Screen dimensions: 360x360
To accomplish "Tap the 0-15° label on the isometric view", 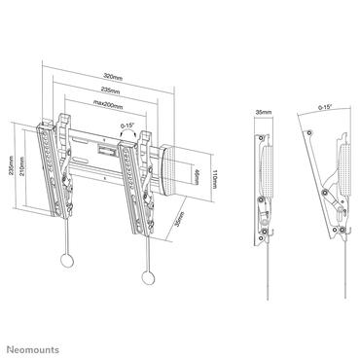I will point(127,125).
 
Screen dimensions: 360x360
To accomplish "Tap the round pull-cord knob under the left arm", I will point(66,261).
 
